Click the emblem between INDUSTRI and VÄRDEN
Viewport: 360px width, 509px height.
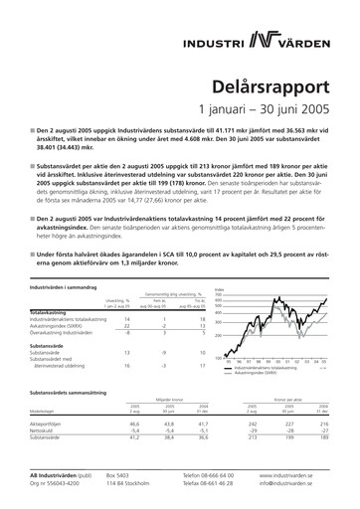(263, 39)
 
